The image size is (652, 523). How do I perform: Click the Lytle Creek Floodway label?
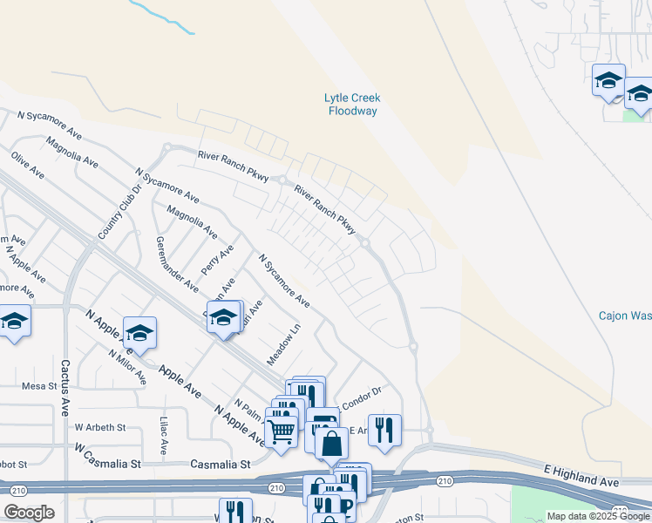pyautogui.click(x=352, y=105)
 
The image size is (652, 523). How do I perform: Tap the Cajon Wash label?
pyautogui.click(x=624, y=316)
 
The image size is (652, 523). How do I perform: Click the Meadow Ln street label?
pyautogui.click(x=283, y=344)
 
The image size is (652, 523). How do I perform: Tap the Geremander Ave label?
pyautogui.click(x=176, y=262)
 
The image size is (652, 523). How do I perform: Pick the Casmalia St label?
pyautogui.click(x=221, y=465)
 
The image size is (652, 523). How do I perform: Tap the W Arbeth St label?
pyautogui.click(x=100, y=428)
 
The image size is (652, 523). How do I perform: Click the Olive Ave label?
pyautogui.click(x=27, y=165)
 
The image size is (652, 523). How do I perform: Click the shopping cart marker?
pyautogui.click(x=281, y=431)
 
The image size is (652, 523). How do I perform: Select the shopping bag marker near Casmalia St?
pyautogui.click(x=331, y=444)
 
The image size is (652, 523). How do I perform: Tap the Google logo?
pyautogui.click(x=29, y=513)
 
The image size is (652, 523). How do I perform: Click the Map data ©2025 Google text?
pyautogui.click(x=597, y=516)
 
